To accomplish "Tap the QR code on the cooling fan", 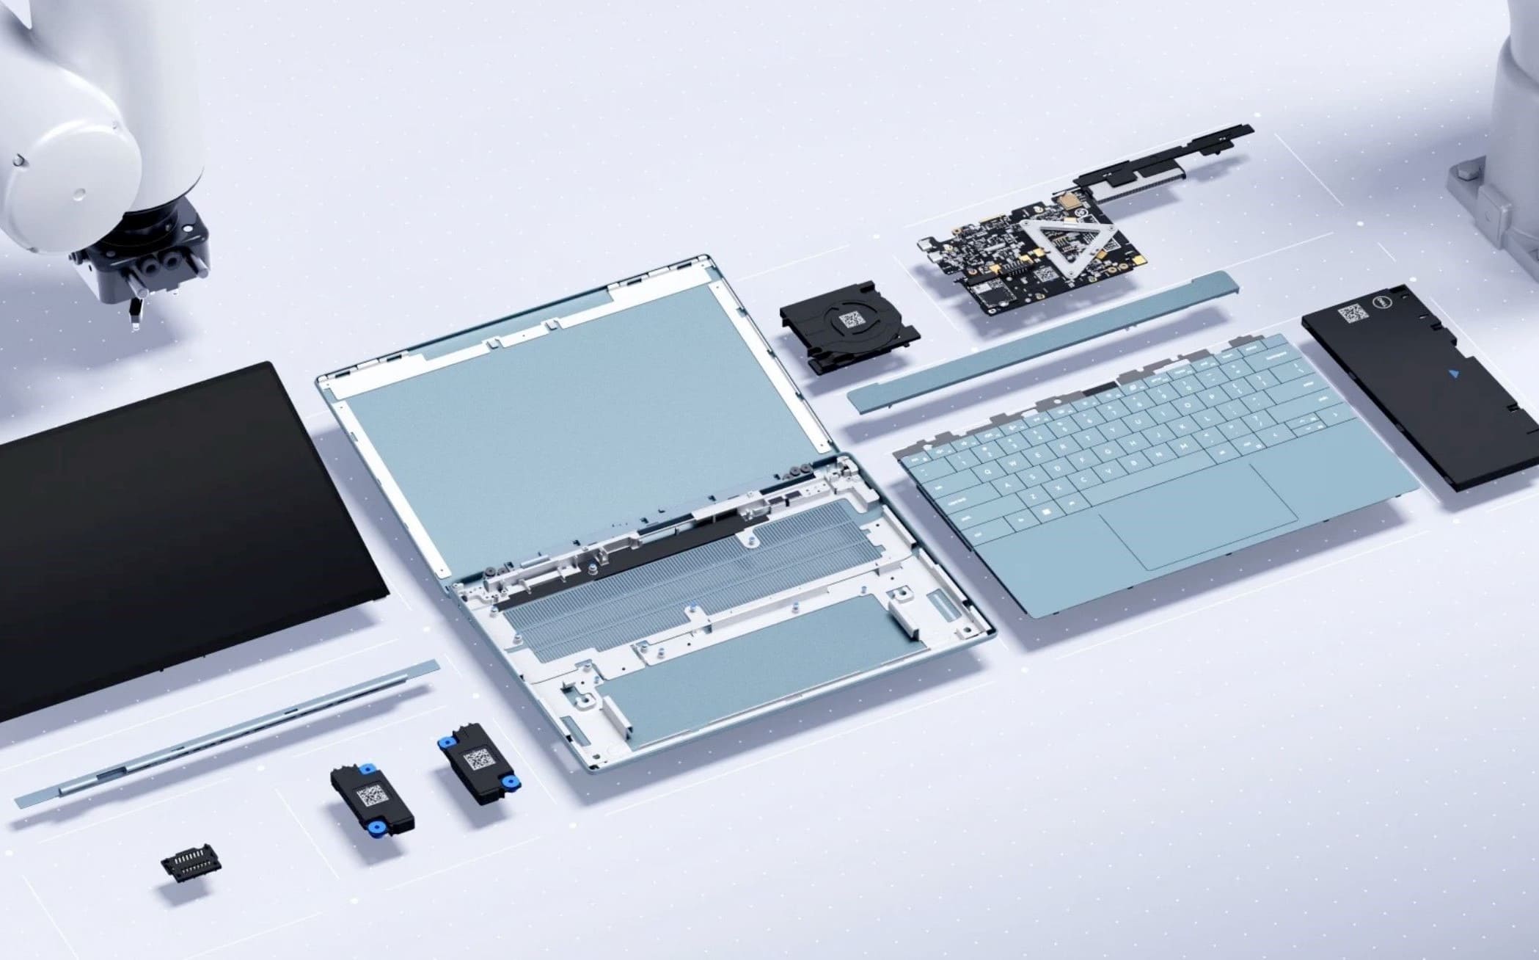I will tap(852, 319).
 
